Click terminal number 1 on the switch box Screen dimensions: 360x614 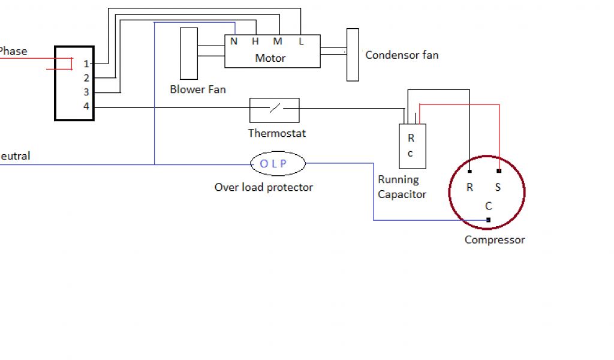[x=86, y=64]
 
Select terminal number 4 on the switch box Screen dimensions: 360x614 [x=86, y=107]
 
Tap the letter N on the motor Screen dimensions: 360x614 [x=234, y=41]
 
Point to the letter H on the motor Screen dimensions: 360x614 [x=255, y=41]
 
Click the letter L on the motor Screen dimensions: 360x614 [x=300, y=41]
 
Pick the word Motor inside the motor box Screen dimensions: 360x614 [x=270, y=58]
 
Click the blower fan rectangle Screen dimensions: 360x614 [x=189, y=53]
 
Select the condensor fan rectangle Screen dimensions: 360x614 [x=353, y=55]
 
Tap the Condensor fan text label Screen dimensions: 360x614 [x=402, y=55]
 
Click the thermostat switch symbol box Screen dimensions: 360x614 [x=274, y=109]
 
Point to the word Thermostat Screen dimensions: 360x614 [x=277, y=133]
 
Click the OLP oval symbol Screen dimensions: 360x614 [x=277, y=163]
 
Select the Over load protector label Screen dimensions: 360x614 [x=264, y=187]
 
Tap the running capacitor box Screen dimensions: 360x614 [x=412, y=146]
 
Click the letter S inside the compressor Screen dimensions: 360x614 [x=498, y=187]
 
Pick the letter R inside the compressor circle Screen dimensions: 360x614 [x=469, y=187]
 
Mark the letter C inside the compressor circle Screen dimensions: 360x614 [x=489, y=206]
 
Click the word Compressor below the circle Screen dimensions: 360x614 [x=495, y=240]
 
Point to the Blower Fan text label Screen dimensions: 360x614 [x=198, y=89]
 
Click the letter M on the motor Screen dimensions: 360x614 [x=278, y=41]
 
